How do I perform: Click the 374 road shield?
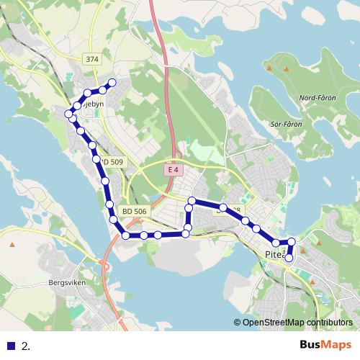click(x=91, y=60)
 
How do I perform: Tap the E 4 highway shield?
click(x=171, y=169)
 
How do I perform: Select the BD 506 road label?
click(x=135, y=211)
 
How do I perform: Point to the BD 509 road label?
click(x=114, y=163)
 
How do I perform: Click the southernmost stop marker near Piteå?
click(x=289, y=258)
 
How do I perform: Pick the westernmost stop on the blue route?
click(x=69, y=114)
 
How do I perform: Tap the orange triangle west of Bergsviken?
click(x=12, y=244)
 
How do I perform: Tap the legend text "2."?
click(x=26, y=346)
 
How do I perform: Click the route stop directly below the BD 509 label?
click(x=106, y=181)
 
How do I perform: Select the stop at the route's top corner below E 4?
click(x=192, y=200)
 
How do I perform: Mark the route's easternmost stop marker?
click(x=292, y=242)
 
